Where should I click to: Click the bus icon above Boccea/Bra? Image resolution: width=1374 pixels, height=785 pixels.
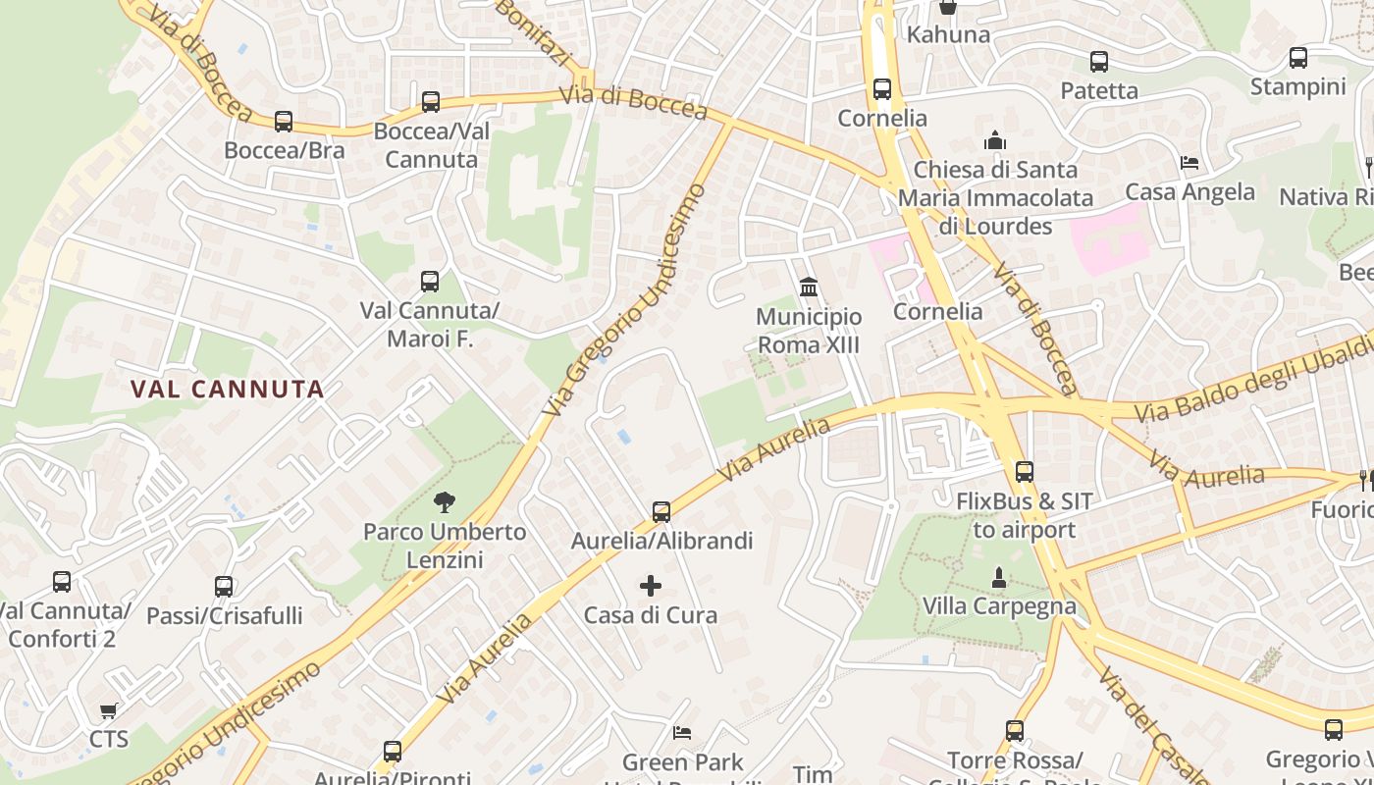(284, 122)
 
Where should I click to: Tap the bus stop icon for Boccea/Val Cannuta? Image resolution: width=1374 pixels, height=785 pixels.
(430, 102)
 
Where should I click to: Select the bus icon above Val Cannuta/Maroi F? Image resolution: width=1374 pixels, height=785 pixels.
(430, 282)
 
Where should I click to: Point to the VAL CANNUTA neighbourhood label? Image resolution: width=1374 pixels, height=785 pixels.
(228, 389)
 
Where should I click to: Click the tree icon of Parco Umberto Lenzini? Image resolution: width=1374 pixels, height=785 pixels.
(445, 503)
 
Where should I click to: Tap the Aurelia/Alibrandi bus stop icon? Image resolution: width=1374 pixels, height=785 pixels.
(661, 512)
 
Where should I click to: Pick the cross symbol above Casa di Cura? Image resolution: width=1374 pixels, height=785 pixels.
(651, 587)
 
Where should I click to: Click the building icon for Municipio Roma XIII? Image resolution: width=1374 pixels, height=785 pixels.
(810, 288)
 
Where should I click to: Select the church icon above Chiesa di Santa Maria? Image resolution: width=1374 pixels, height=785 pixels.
(996, 140)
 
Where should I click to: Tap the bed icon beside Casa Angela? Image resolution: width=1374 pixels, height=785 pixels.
(1189, 163)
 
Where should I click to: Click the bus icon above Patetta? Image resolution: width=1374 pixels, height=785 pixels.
(1099, 62)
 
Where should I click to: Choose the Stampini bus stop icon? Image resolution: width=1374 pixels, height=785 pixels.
(1298, 58)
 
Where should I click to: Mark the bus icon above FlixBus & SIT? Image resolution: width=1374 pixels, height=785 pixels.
(1025, 472)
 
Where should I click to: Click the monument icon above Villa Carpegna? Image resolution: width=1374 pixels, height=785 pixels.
(999, 578)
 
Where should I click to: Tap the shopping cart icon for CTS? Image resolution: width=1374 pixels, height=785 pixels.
(108, 710)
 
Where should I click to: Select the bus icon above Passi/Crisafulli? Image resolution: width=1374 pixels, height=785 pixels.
(224, 587)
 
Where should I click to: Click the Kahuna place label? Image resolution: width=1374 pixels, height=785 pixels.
(948, 35)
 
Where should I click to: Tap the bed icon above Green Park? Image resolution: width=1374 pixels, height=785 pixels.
(682, 733)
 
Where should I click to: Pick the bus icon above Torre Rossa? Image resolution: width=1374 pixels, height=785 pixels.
(1015, 731)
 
